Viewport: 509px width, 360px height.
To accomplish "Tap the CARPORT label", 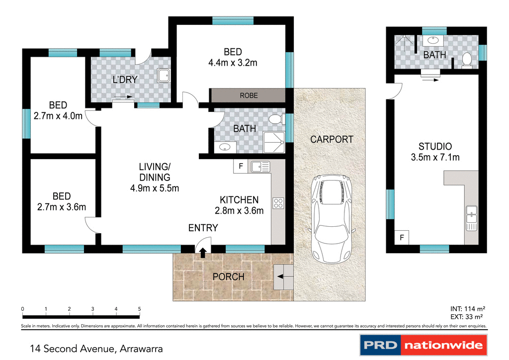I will (x=332, y=139).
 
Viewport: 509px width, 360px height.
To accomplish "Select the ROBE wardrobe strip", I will (x=249, y=95).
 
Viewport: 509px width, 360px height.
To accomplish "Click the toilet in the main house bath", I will (x=275, y=120).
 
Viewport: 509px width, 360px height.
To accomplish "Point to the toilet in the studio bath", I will (x=466, y=60).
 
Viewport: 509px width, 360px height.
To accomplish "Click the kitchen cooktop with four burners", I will (x=278, y=203).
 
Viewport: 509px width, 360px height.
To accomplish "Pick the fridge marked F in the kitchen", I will (x=241, y=166).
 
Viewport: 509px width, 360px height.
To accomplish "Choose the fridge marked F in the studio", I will (x=402, y=238).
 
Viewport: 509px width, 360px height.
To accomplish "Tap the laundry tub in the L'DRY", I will (x=164, y=76).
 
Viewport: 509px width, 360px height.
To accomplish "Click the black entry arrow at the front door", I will (x=203, y=253).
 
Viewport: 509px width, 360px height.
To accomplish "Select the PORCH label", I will (x=228, y=276).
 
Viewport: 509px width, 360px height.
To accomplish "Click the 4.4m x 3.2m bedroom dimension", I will (x=233, y=63).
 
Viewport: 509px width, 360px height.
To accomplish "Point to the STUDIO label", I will (x=435, y=147).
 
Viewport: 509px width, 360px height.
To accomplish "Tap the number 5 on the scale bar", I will (x=140, y=309).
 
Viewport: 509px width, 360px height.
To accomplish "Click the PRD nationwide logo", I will (x=424, y=345).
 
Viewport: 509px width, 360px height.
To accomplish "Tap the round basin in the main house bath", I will (x=225, y=147).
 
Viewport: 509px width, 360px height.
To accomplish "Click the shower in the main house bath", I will (x=274, y=142).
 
